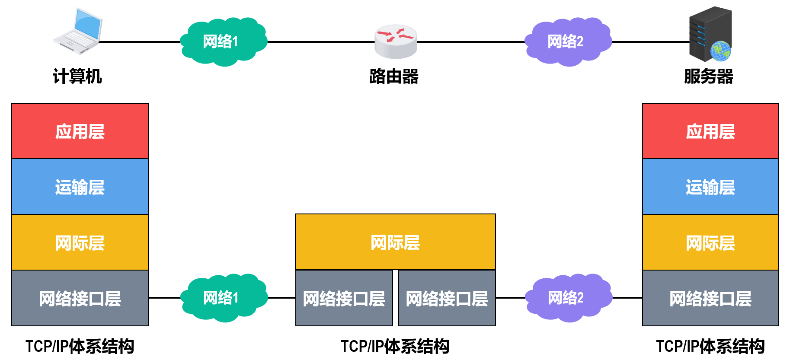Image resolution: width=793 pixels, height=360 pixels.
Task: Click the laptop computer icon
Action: click(x=78, y=31)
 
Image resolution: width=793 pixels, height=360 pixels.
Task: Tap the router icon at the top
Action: click(x=396, y=41)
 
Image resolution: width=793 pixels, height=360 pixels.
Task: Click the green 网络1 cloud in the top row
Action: click(x=224, y=41)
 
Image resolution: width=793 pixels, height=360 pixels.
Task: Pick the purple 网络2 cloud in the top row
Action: click(x=568, y=41)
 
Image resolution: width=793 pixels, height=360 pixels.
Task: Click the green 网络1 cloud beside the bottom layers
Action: click(x=224, y=298)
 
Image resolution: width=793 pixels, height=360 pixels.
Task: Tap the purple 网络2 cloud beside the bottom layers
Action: click(x=569, y=298)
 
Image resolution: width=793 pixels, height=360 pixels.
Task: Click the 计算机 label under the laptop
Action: click(x=77, y=76)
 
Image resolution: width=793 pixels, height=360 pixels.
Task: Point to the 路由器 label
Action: click(x=394, y=76)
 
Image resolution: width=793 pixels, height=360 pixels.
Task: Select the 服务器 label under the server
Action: click(x=709, y=76)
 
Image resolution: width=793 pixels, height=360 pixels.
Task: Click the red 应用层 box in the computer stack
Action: click(x=80, y=131)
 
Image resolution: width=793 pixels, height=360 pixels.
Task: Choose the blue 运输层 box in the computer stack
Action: click(x=80, y=187)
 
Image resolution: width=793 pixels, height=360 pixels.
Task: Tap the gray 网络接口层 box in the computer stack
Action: click(x=80, y=298)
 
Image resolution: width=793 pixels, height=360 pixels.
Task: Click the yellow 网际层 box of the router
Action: click(x=395, y=242)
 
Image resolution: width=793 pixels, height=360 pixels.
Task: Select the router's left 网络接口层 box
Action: click(x=344, y=298)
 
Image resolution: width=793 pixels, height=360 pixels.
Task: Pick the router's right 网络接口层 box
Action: click(x=447, y=298)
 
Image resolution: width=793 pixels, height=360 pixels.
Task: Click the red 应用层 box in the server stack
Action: click(x=710, y=131)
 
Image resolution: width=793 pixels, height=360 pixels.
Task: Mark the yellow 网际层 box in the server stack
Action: click(x=710, y=242)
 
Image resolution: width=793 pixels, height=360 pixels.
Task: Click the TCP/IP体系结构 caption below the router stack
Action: click(x=395, y=347)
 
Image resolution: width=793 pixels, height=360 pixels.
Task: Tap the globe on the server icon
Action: click(x=720, y=51)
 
